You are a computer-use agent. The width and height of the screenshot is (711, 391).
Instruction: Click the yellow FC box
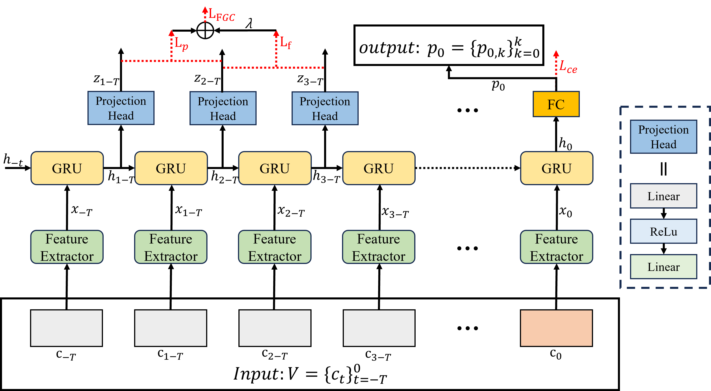pyautogui.click(x=556, y=104)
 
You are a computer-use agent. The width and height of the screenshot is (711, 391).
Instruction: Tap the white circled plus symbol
pyautogui.click(x=205, y=30)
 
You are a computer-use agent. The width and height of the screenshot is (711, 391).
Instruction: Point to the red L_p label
pyautogui.click(x=181, y=44)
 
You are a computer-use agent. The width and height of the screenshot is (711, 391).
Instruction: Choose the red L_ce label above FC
pyautogui.click(x=568, y=67)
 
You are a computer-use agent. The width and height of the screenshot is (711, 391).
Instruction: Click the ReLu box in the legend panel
pyautogui.click(x=663, y=231)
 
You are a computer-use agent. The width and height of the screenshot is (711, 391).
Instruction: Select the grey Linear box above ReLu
pyautogui.click(x=663, y=196)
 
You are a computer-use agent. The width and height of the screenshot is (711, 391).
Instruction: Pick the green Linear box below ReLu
pyautogui.click(x=663, y=267)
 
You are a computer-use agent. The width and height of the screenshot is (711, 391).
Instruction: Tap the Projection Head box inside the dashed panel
pyautogui.click(x=663, y=137)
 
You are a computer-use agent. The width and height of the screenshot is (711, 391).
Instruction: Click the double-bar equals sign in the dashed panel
pyautogui.click(x=663, y=169)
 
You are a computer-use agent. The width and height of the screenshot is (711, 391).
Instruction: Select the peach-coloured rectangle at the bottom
pyautogui.click(x=556, y=328)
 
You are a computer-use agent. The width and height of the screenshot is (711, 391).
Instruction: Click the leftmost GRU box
pyautogui.click(x=67, y=168)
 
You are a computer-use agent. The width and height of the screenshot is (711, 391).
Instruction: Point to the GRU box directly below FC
pyautogui.click(x=556, y=168)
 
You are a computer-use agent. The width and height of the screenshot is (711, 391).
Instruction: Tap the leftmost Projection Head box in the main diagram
pyautogui.click(x=121, y=108)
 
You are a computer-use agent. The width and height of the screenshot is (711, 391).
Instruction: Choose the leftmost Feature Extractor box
pyautogui.click(x=67, y=247)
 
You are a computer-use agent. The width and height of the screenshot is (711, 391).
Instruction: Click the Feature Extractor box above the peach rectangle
pyautogui.click(x=556, y=247)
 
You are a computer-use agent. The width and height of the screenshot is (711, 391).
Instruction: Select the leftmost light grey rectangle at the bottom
pyautogui.click(x=67, y=328)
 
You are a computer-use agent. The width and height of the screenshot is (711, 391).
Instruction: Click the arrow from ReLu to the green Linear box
pyautogui.click(x=663, y=249)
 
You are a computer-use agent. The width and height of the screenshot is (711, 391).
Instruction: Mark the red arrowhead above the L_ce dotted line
pyautogui.click(x=556, y=54)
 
